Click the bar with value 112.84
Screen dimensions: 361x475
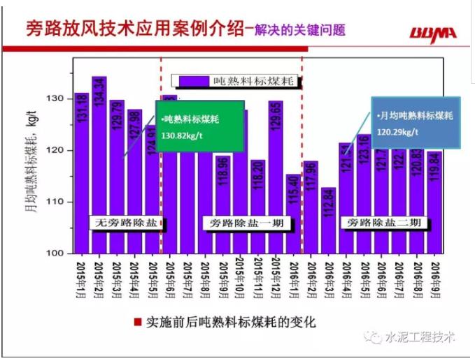click(328, 220)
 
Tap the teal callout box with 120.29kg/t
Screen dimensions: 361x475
click(416, 124)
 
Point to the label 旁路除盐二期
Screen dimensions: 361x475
click(382, 223)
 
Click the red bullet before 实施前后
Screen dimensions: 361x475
click(138, 323)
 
